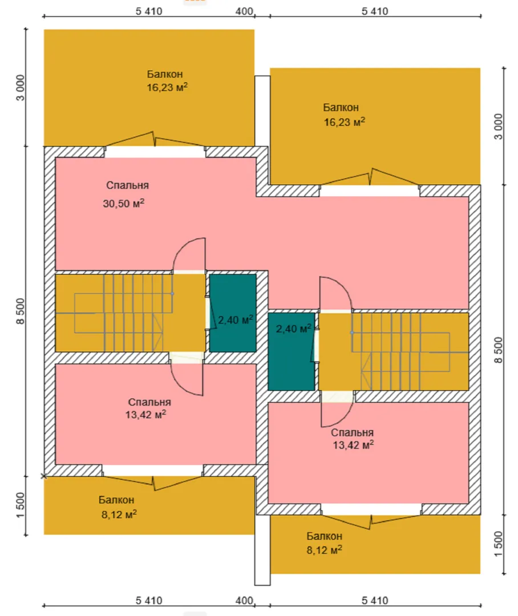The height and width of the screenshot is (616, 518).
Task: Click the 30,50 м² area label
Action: click(123, 204)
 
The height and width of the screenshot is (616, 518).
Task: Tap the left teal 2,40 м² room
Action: click(232, 313)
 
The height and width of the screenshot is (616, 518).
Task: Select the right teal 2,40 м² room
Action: click(290, 351)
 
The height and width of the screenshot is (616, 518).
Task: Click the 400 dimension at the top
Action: click(244, 11)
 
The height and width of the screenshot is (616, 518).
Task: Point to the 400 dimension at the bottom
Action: click(244, 600)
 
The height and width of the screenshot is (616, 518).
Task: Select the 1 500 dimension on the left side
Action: click(21, 505)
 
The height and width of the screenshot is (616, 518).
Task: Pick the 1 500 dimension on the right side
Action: click(499, 544)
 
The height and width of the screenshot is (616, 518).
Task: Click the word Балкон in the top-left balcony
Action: click(165, 74)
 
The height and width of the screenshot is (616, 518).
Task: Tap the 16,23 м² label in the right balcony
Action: click(344, 122)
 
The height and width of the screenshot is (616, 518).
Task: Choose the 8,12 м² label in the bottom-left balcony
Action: click(117, 513)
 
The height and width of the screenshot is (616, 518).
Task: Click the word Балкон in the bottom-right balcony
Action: click(324, 536)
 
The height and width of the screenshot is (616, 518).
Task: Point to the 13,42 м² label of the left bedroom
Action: click(145, 415)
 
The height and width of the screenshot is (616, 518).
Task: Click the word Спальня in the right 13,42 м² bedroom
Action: click(352, 432)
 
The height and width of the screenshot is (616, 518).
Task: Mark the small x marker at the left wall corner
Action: click(43, 476)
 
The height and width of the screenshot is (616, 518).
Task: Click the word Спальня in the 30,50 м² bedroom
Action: click(128, 185)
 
